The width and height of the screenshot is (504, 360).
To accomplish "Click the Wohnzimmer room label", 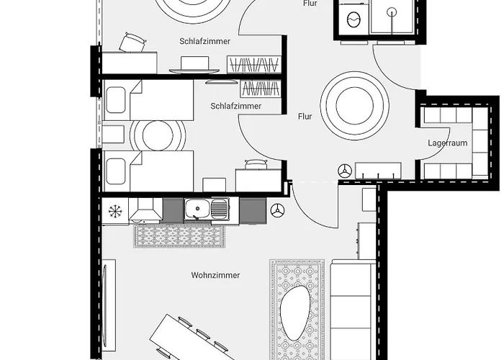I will (x=215, y=275).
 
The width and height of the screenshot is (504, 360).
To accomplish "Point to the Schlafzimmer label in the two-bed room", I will (x=235, y=106).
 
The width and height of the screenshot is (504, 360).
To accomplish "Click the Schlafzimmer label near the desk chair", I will (x=204, y=42).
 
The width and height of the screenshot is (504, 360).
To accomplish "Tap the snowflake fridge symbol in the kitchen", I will (x=114, y=210).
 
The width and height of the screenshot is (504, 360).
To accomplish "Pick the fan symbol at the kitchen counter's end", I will (x=278, y=211).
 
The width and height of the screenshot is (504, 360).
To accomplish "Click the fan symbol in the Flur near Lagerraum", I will (x=345, y=171).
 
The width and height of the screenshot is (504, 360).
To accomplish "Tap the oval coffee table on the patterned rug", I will (x=296, y=311).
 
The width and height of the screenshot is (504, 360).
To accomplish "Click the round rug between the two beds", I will (x=158, y=134).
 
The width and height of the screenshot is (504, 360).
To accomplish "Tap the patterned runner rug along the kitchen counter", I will (x=181, y=235).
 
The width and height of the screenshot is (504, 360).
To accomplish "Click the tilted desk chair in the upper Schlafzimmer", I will (x=132, y=43).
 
